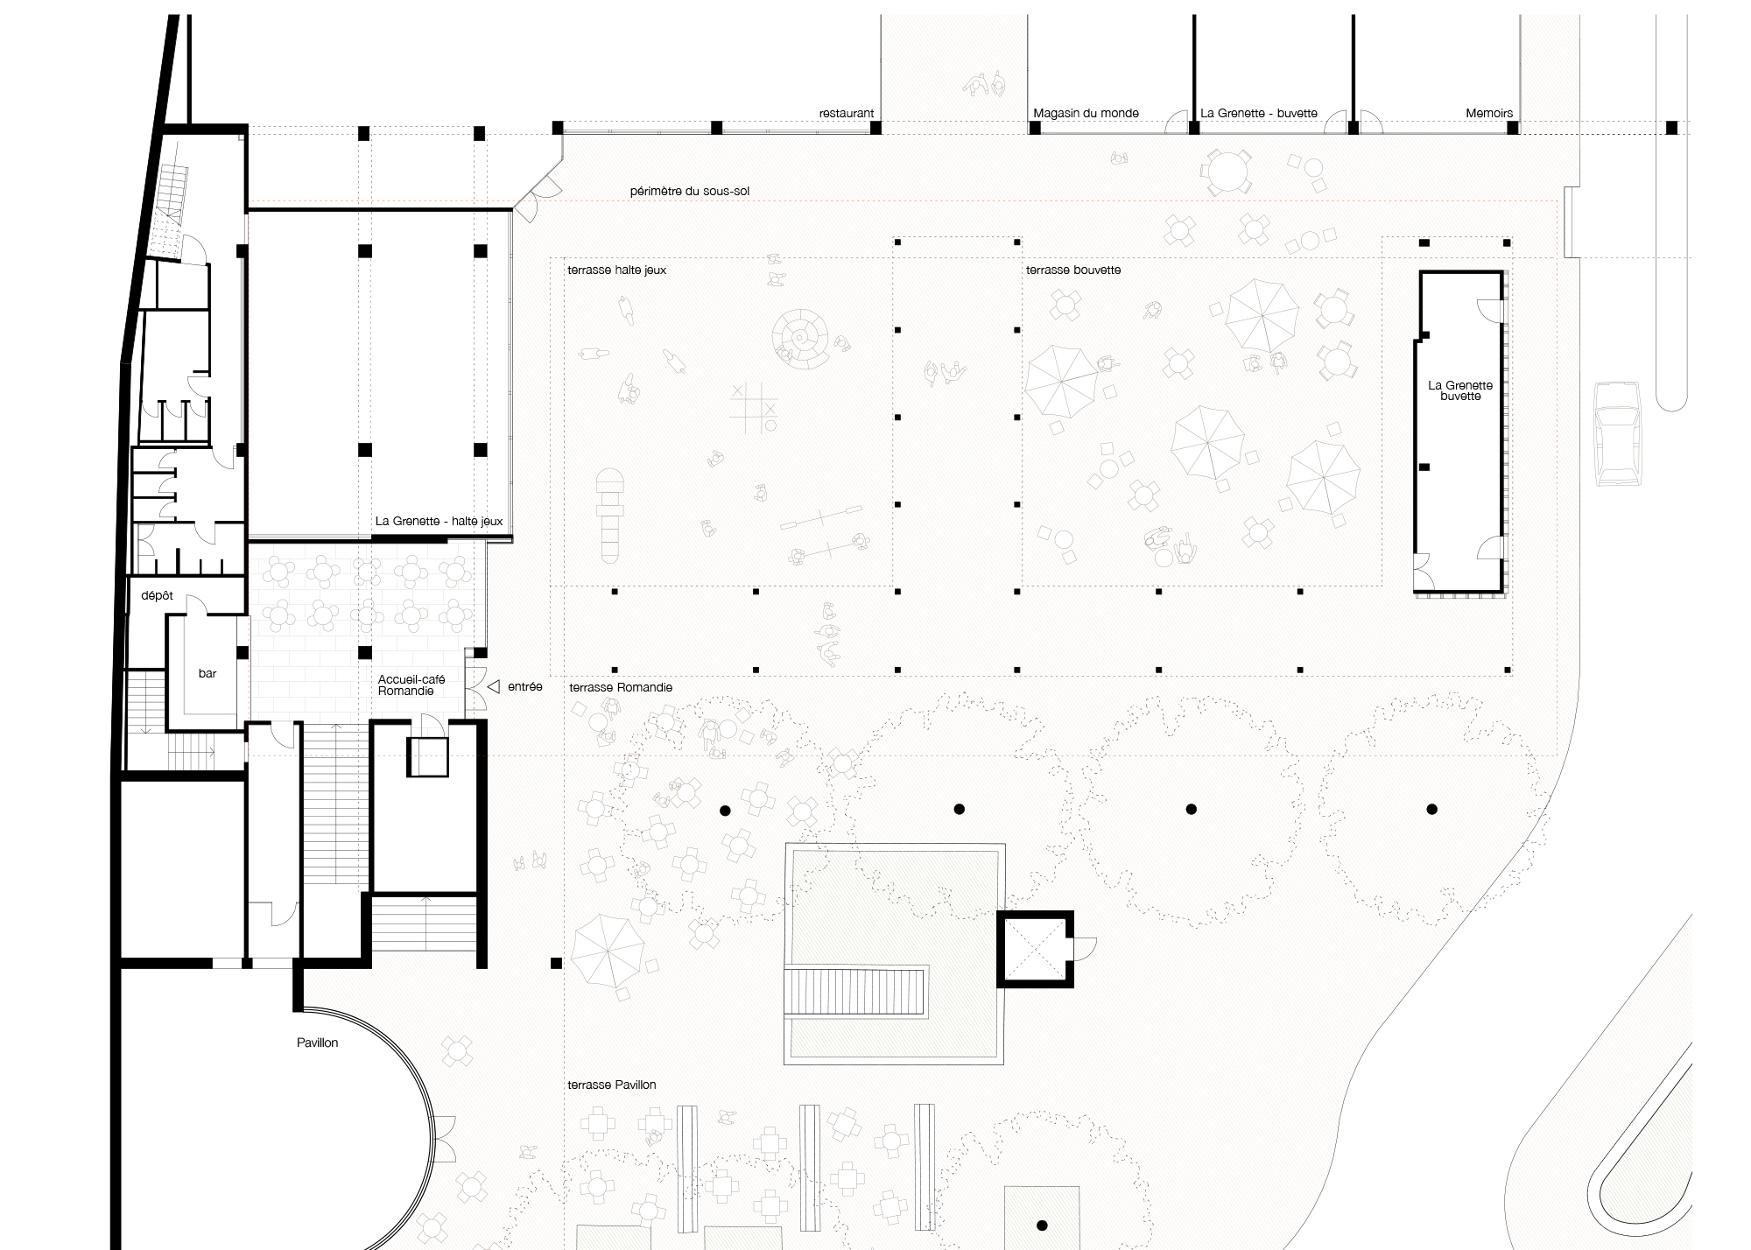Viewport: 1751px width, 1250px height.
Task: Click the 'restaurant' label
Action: click(x=846, y=114)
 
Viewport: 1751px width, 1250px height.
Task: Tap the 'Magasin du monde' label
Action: click(x=1086, y=114)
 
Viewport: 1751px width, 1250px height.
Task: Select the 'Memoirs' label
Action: click(x=1488, y=114)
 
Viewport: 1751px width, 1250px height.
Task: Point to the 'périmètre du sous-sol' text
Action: click(x=689, y=192)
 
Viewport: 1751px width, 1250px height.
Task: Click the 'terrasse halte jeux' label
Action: click(x=616, y=270)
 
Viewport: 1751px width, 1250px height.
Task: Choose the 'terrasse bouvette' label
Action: click(x=1072, y=270)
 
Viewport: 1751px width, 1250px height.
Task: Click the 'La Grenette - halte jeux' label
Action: click(x=439, y=522)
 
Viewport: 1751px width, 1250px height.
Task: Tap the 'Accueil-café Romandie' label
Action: click(x=411, y=685)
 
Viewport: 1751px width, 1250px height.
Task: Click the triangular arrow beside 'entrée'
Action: click(x=493, y=687)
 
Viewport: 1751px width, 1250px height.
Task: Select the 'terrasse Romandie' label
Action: click(x=621, y=688)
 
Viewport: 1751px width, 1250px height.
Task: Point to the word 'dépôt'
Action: click(x=157, y=596)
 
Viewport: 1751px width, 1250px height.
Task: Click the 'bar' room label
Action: click(x=207, y=674)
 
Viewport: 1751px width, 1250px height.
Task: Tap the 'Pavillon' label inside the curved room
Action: click(x=317, y=1043)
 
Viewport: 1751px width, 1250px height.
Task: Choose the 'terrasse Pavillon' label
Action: click(x=611, y=1085)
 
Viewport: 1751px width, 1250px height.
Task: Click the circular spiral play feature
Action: click(x=801, y=337)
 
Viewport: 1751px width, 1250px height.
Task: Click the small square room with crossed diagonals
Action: click(x=1035, y=949)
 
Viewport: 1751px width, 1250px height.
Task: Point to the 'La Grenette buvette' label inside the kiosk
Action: click(x=1459, y=390)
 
